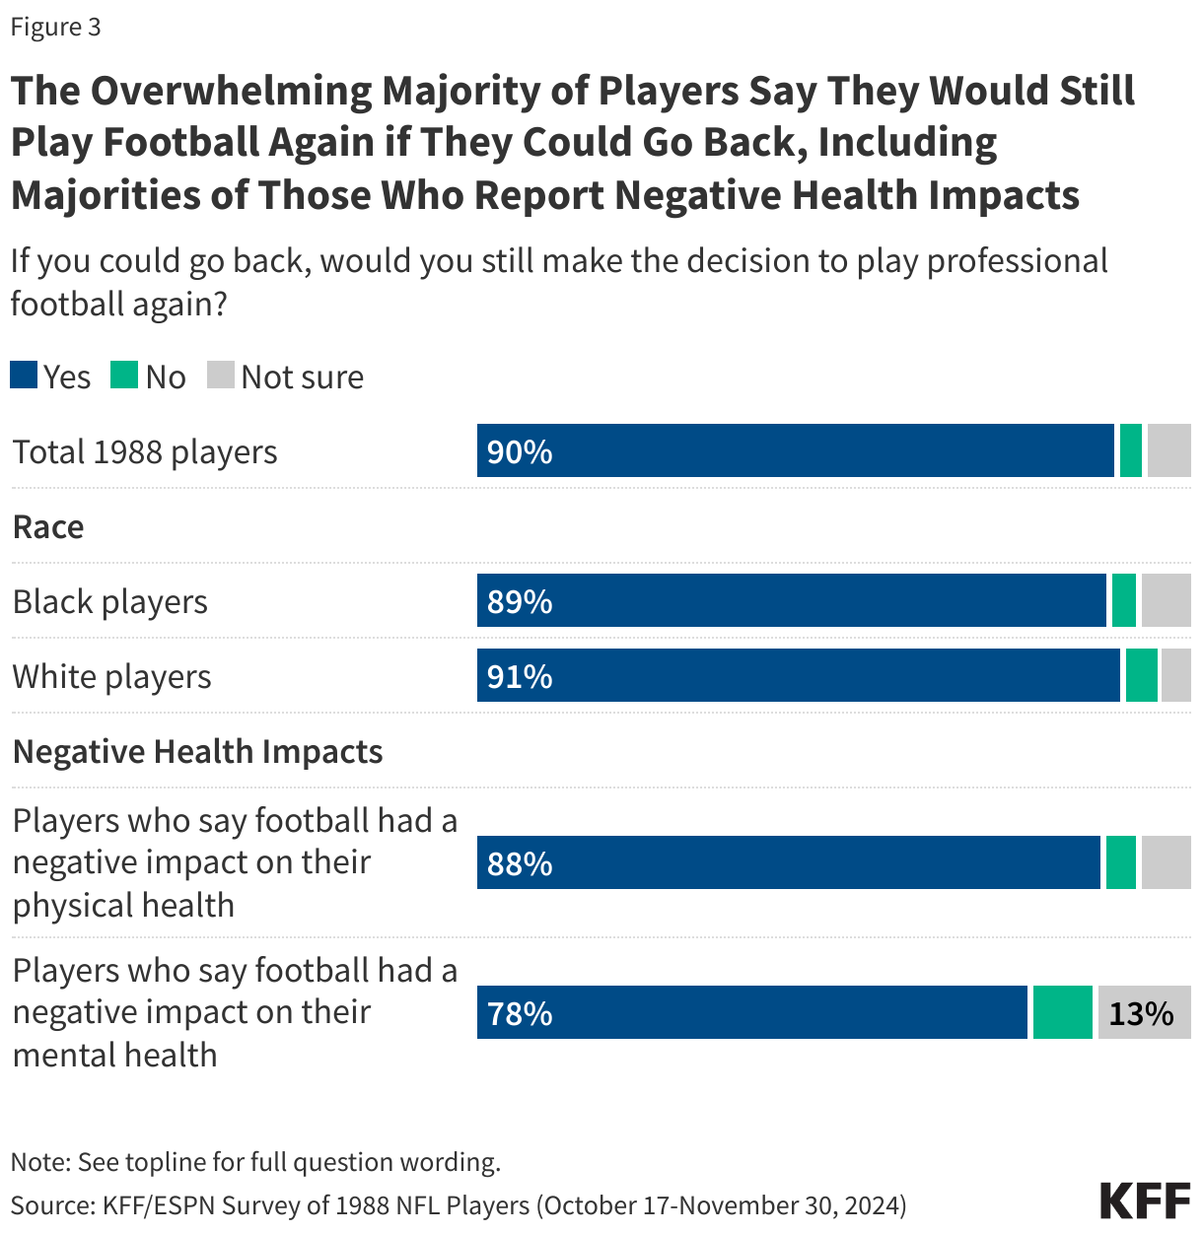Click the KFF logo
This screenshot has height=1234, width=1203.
[x=1145, y=1200]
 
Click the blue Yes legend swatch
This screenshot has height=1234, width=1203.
[x=24, y=376]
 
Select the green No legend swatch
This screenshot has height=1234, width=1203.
[x=124, y=376]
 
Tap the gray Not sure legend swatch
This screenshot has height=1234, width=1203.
[x=221, y=376]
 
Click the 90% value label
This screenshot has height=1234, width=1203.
[x=520, y=451]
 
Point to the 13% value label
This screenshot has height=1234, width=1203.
[x=1141, y=1013]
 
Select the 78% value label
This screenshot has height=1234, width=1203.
[x=520, y=1013]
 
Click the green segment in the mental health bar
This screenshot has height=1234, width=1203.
[x=1063, y=1012]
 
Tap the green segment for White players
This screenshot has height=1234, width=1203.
[x=1142, y=675]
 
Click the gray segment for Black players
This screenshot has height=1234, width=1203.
[x=1166, y=600]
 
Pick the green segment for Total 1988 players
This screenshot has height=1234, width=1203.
[x=1131, y=450]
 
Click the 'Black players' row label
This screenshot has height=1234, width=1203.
[x=110, y=601]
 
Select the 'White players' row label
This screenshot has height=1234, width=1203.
[x=112, y=677]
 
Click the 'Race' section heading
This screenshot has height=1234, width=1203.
[x=48, y=526]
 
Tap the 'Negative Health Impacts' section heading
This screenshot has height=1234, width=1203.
[x=198, y=751]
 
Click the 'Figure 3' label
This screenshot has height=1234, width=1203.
[x=56, y=27]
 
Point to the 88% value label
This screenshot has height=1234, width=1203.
[x=520, y=863]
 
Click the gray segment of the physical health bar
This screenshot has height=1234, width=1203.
[x=1166, y=862]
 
